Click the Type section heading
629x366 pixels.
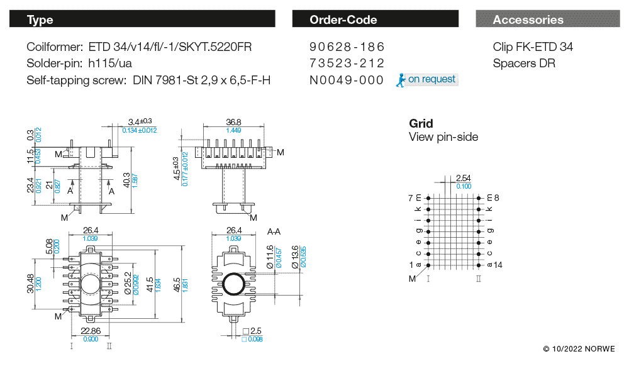pos(40,20)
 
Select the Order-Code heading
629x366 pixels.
pos(343,20)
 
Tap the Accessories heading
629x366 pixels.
pos(528,20)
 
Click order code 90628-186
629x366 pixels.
pos(347,47)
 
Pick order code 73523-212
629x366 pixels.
pos(347,64)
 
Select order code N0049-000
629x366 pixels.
pos(347,80)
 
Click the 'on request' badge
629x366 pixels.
pos(427,80)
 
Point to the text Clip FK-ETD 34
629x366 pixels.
pos(533,47)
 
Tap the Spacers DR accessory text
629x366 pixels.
pos(524,64)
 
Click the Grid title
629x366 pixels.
pos(421,124)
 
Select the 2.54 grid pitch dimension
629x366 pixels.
pos(464,179)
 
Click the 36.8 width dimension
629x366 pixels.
pos(234,122)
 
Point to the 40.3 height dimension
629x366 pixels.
pos(127,179)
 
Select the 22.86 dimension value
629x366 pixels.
pos(91,331)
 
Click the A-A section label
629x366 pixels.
pos(274,232)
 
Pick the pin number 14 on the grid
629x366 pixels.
pos(498,265)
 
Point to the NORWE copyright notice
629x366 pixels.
pos(579,348)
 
